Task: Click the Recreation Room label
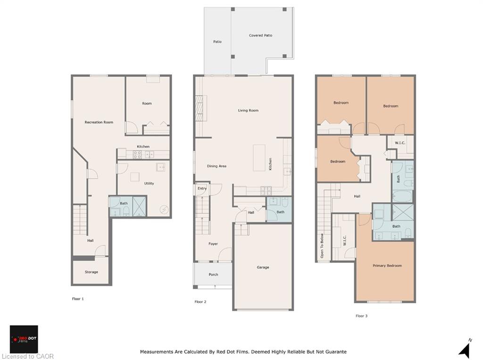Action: pyautogui.click(x=99, y=122)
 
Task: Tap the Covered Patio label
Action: pyautogui.click(x=260, y=35)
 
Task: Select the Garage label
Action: pyautogui.click(x=263, y=267)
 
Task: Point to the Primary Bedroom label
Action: pyautogui.click(x=387, y=266)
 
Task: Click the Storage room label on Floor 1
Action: pyautogui.click(x=91, y=272)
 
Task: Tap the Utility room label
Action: pyautogui.click(x=149, y=183)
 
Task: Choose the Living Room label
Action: pyautogui.click(x=248, y=110)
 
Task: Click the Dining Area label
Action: pyautogui.click(x=217, y=166)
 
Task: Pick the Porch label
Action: pyautogui.click(x=214, y=274)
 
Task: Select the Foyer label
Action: pyautogui.click(x=213, y=244)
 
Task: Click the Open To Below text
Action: pyautogui.click(x=322, y=245)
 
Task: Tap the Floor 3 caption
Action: pyautogui.click(x=362, y=316)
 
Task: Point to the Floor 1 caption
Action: pyautogui.click(x=78, y=299)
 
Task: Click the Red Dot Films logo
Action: pyautogui.click(x=24, y=339)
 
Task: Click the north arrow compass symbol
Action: pyautogui.click(x=465, y=350)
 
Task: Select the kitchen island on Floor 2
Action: pyautogui.click(x=259, y=158)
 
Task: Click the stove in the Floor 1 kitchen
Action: pyautogui.click(x=137, y=155)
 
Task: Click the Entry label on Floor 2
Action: pyautogui.click(x=202, y=188)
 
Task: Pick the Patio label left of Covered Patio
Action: pyautogui.click(x=217, y=41)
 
